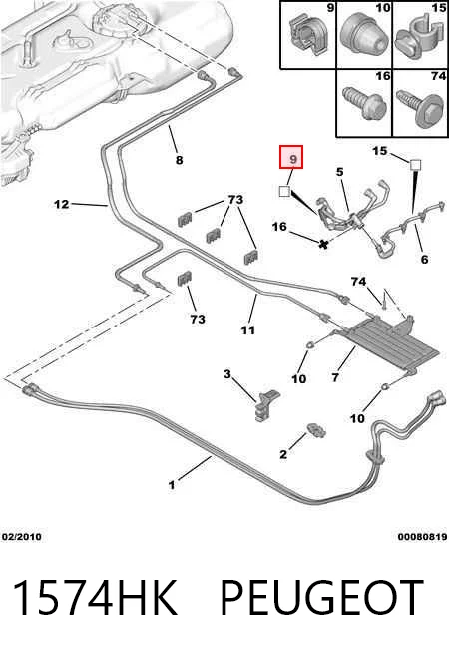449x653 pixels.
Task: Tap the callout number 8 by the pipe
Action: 179,160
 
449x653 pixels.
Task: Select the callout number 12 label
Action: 62,204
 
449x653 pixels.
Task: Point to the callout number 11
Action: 248,330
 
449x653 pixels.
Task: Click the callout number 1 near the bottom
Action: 172,485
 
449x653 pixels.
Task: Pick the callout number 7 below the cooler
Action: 335,377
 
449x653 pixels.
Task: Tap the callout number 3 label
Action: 227,373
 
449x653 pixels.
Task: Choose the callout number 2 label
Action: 283,454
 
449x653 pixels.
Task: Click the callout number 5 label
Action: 340,171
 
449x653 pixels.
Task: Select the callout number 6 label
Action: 424,259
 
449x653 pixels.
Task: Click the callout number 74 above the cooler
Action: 358,282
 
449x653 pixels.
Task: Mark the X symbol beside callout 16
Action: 323,244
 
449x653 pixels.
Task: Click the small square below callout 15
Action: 415,165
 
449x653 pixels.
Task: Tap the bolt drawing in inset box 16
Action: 364,104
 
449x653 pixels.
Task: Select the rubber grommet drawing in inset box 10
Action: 364,37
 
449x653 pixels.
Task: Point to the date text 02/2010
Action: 22,537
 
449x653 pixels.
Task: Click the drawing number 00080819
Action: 422,537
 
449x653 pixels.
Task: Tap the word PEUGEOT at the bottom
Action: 321,597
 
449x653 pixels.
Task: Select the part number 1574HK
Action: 96,597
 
